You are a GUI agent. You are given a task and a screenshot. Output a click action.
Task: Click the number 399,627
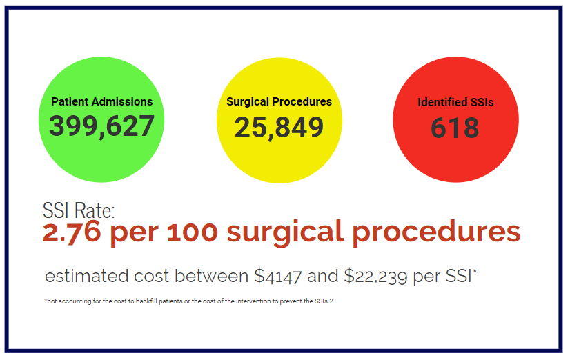pos(102,126)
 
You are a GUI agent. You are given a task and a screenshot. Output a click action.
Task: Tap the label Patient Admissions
pos(102,101)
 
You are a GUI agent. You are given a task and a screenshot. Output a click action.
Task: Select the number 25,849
pos(279,128)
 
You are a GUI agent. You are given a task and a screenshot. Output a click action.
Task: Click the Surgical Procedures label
pos(279,101)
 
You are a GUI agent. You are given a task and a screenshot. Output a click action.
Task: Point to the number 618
pos(455,128)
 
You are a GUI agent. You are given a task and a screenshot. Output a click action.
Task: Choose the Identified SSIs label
pos(455,103)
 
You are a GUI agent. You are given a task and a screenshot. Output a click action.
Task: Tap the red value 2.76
pos(72,232)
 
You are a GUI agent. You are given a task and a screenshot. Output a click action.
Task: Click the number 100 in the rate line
pos(193,232)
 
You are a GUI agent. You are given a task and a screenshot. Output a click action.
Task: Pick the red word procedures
pos(437,232)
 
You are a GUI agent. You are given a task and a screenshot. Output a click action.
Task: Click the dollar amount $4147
pos(278,276)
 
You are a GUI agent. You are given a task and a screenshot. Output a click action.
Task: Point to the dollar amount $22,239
pos(375,276)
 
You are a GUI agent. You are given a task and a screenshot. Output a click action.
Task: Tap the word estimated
pos(87,276)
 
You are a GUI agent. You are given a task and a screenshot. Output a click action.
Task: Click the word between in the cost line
pos(212,276)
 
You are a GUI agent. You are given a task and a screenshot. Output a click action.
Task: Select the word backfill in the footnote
pos(146,301)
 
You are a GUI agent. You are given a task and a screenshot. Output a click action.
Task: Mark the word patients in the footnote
pos(171,301)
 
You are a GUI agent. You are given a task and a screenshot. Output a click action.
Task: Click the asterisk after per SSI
pos(475,271)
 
